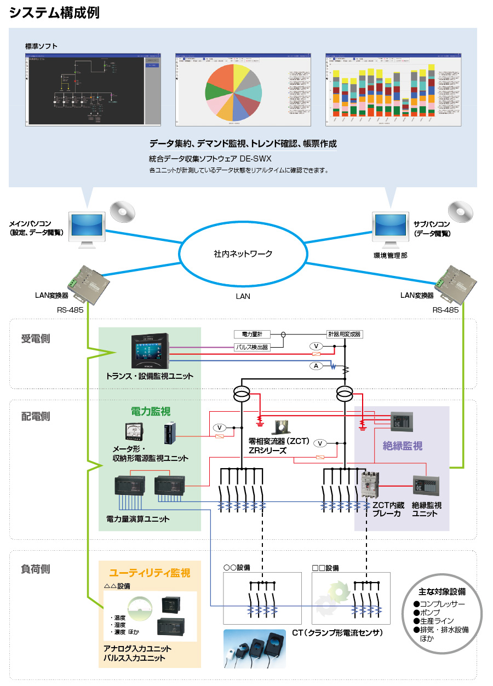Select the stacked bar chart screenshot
tap(394, 90)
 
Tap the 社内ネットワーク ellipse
tap(243, 254)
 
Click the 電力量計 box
tap(252, 334)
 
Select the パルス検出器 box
tap(252, 347)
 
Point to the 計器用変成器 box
tap(345, 334)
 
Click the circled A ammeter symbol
tap(316, 366)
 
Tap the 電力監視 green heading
tap(150, 411)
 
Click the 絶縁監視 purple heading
tap(402, 446)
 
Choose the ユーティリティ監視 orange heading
tap(150, 573)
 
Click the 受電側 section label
tap(36, 338)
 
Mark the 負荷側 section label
tap(36, 569)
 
